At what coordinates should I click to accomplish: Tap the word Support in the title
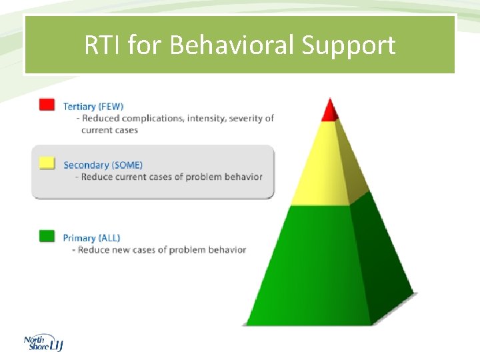click(x=349, y=45)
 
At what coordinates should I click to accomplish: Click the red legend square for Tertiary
click(x=47, y=105)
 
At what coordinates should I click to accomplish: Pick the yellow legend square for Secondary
click(x=47, y=163)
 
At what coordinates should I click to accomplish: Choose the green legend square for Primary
click(x=47, y=236)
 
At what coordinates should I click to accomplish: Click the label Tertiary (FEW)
click(x=93, y=106)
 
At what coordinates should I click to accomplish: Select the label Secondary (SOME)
click(x=103, y=165)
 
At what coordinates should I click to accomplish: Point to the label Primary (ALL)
click(x=91, y=238)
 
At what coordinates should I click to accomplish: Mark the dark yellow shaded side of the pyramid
click(x=352, y=167)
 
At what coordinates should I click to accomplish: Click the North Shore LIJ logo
click(x=43, y=343)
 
